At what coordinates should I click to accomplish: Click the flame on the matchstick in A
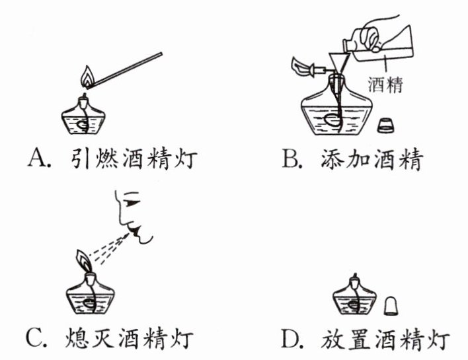tap(87, 77)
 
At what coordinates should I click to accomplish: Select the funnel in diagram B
tap(339, 64)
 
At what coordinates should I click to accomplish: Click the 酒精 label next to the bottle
tap(385, 85)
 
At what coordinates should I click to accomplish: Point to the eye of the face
tap(132, 203)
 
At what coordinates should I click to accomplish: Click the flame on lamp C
tap(84, 261)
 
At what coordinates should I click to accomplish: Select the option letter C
tap(36, 338)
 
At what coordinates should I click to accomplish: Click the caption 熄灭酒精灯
tap(129, 338)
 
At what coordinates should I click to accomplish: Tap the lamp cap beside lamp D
tap(391, 306)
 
